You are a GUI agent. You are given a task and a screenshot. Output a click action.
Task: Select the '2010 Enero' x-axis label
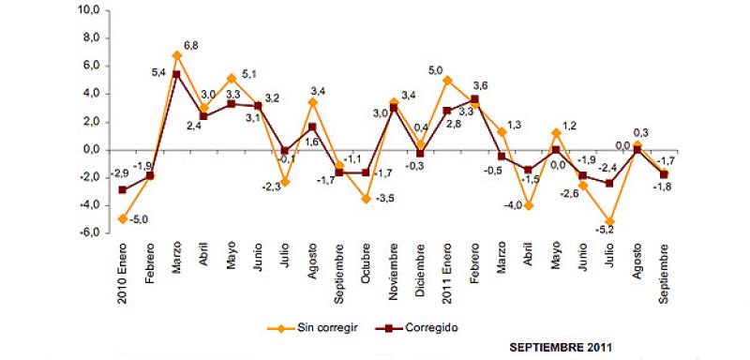pos(123,273)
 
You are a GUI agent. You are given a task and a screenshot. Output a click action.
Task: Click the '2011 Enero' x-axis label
pos(448,273)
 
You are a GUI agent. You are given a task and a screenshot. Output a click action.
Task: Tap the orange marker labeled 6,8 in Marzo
pos(177,55)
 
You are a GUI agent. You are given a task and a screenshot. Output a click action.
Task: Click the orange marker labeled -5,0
pos(123,218)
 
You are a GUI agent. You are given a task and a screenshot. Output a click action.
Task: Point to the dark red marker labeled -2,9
pos(123,189)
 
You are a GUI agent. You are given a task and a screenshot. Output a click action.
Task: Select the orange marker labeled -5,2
pos(610,221)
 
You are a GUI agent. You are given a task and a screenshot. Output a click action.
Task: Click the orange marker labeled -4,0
pos(530,205)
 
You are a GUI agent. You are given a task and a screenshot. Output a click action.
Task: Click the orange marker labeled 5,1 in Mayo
pos(231,78)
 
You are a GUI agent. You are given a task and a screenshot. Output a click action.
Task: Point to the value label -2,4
pos(607,168)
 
